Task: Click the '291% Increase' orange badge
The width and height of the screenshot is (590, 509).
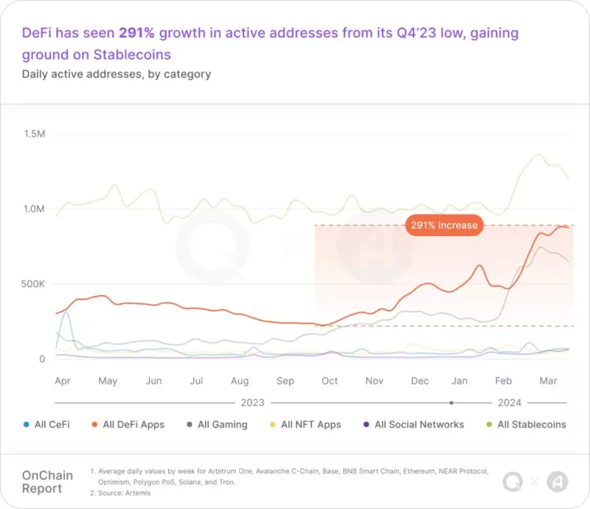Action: click(x=444, y=225)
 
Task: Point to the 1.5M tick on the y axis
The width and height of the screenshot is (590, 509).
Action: click(x=35, y=134)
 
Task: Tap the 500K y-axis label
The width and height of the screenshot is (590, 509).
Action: click(x=32, y=284)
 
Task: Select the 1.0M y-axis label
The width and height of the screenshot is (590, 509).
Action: click(x=34, y=209)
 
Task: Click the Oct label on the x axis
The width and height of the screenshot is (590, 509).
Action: click(x=330, y=381)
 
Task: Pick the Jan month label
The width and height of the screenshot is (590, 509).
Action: click(x=459, y=381)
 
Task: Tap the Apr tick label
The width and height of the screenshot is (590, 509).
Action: click(x=63, y=381)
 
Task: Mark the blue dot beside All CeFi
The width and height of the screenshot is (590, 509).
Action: click(x=26, y=425)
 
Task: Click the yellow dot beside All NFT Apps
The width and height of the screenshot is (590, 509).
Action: click(x=273, y=425)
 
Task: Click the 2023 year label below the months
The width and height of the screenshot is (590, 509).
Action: click(x=252, y=403)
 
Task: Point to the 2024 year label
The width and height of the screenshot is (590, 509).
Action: click(x=510, y=403)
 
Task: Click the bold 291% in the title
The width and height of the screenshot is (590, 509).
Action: click(x=136, y=33)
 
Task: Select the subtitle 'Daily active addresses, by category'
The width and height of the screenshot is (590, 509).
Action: click(x=117, y=75)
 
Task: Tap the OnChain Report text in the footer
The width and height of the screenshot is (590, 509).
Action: click(x=47, y=482)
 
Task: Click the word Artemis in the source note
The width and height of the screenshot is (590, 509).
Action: click(x=138, y=493)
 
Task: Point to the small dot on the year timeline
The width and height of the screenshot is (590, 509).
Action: click(x=451, y=403)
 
